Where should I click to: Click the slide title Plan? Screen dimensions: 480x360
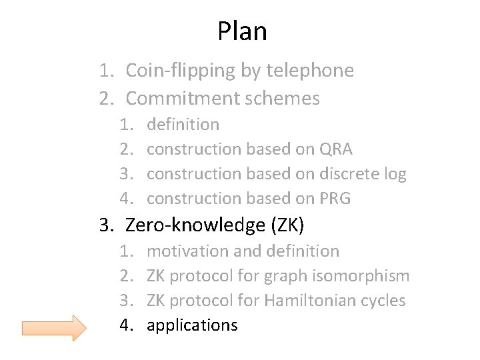point(242,31)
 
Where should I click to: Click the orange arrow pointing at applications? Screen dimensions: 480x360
point(54,327)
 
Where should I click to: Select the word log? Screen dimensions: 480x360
point(395,175)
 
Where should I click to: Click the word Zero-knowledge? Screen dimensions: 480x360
point(195,225)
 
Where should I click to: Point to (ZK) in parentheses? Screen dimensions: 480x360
point(287,225)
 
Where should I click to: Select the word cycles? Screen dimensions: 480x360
point(383,301)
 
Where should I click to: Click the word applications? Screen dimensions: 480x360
point(192,325)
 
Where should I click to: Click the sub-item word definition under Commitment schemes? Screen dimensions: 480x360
point(183,124)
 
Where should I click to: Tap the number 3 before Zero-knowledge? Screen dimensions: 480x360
point(105,225)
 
